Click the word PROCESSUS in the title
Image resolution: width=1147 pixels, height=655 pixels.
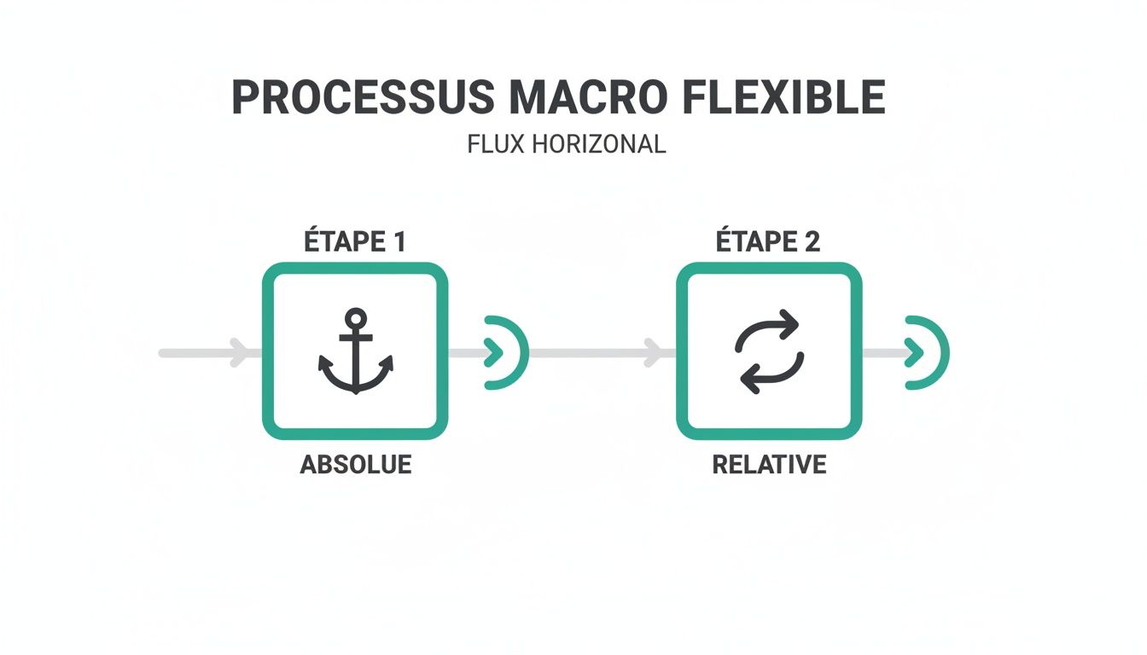click(363, 98)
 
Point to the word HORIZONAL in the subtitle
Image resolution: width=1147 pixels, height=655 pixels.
click(597, 144)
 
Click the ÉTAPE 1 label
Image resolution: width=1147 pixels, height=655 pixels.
click(354, 241)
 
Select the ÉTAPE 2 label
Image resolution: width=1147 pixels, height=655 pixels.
click(768, 241)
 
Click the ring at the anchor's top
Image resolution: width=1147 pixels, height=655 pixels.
click(355, 318)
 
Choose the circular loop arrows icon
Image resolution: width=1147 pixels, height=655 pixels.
click(769, 351)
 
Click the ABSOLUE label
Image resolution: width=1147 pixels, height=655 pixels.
click(355, 465)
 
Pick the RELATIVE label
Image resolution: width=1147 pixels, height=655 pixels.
click(769, 465)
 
